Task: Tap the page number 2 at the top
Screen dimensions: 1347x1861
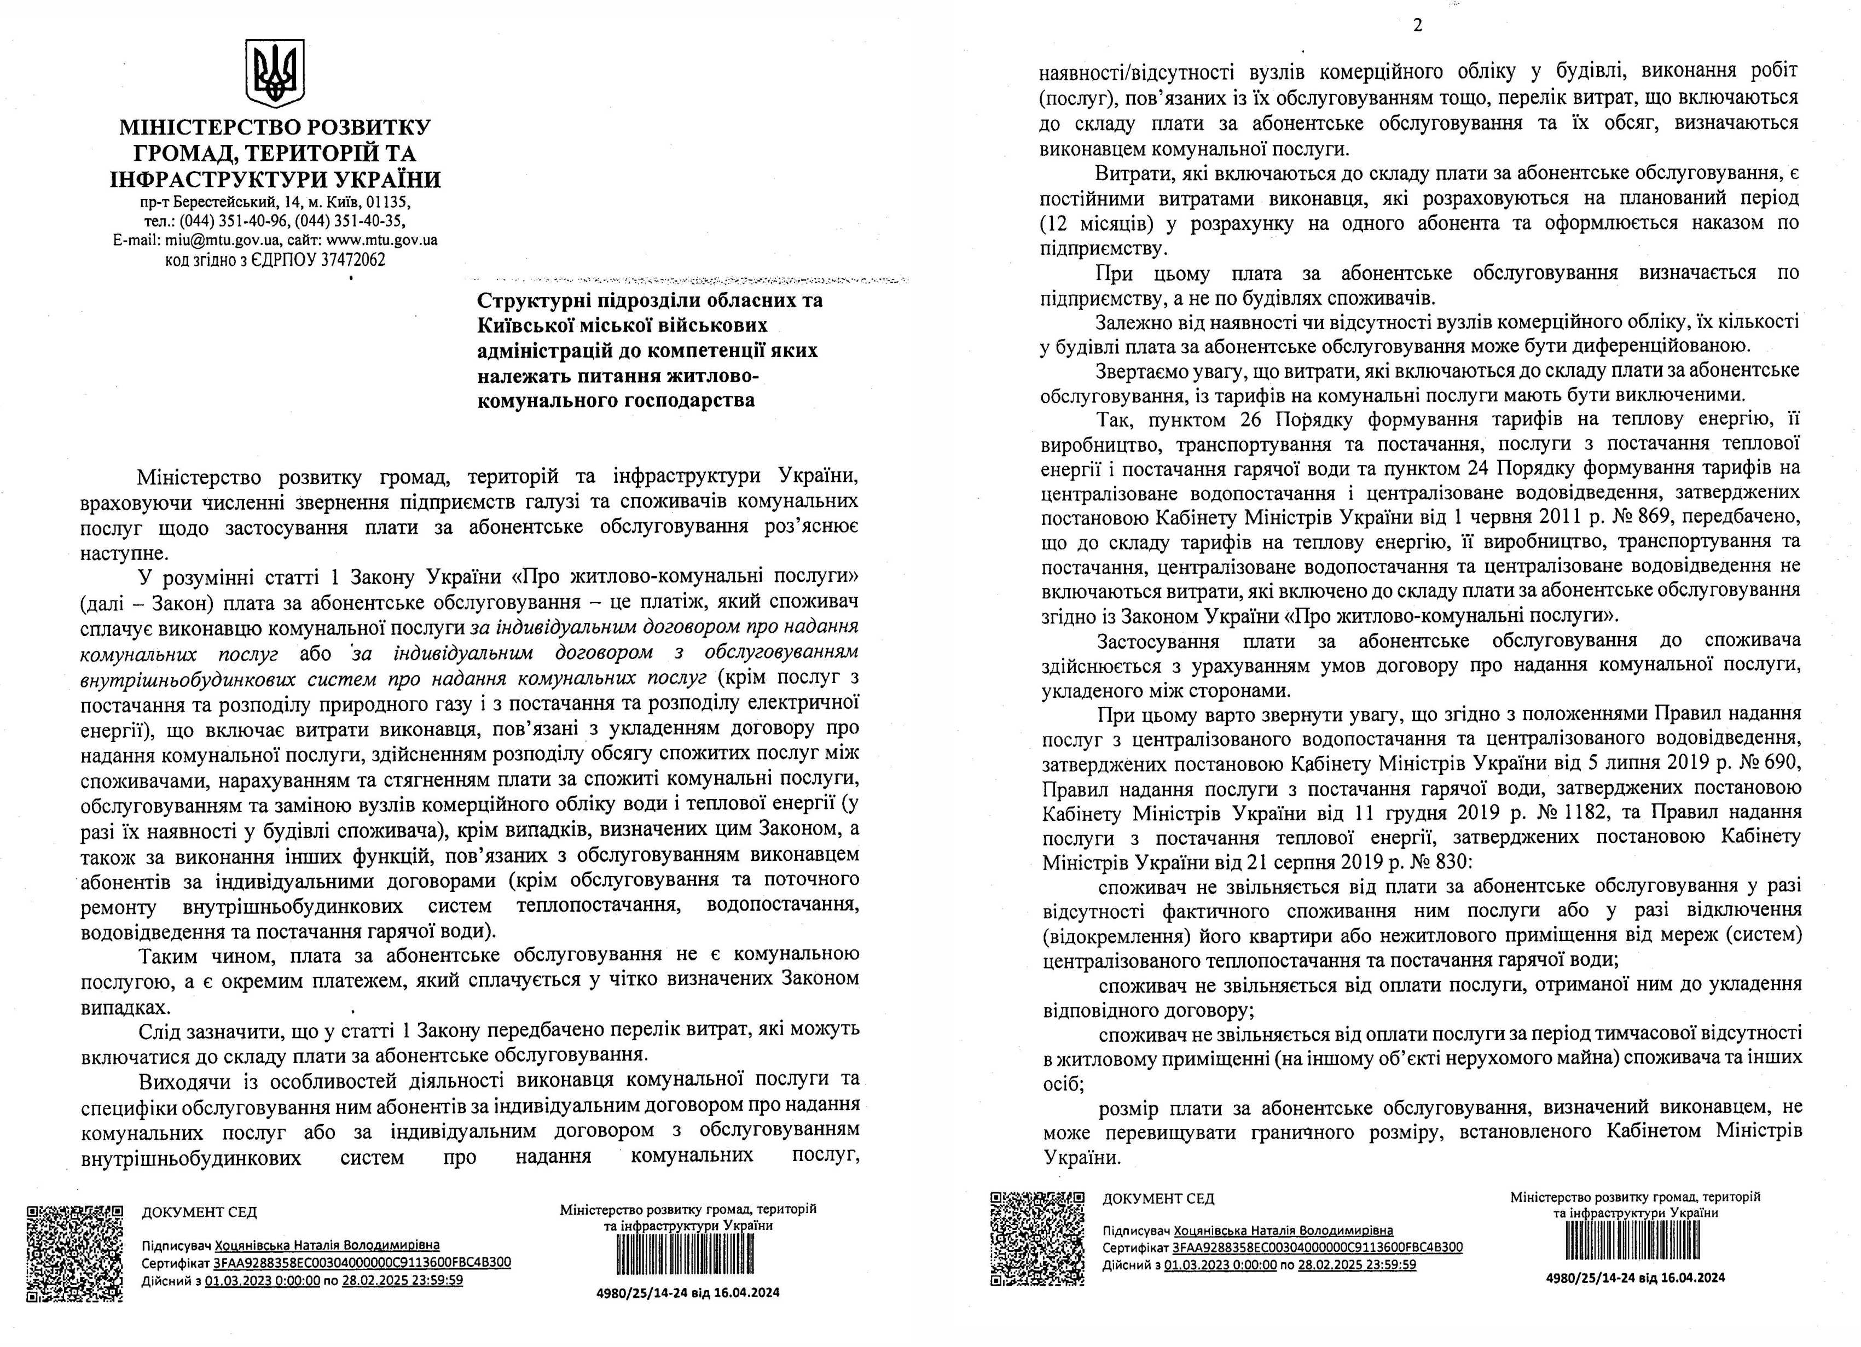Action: pos(1417,25)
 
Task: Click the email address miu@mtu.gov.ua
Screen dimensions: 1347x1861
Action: pos(222,241)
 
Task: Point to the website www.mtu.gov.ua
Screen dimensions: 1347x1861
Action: pos(381,241)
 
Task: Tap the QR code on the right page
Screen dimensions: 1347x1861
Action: pos(1038,1239)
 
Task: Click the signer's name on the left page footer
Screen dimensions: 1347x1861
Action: pos(327,1245)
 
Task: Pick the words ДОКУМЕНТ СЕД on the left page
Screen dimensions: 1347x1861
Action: pos(199,1212)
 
